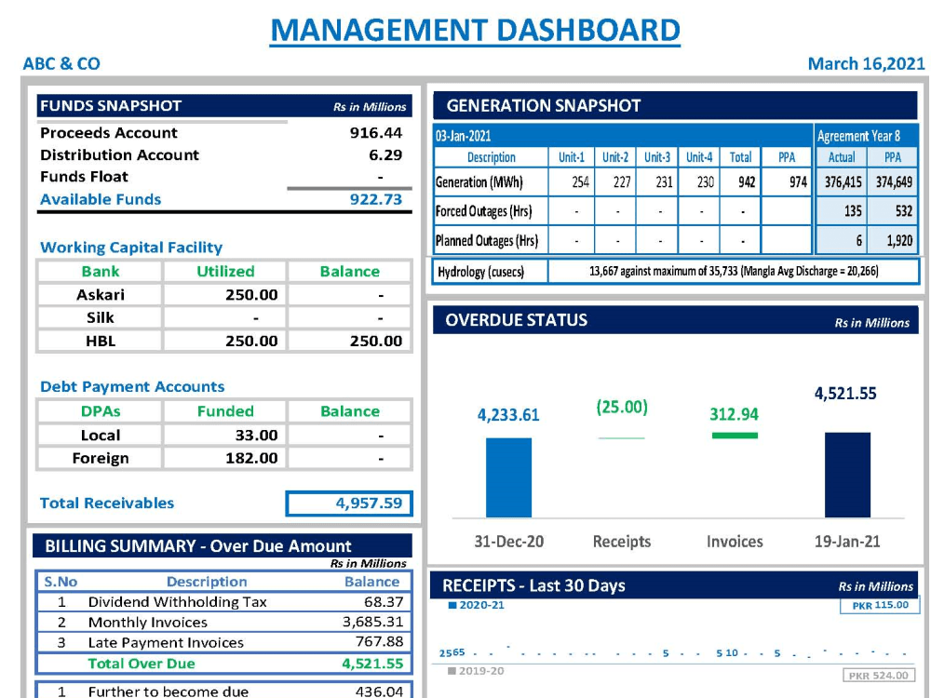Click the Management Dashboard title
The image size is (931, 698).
[475, 30]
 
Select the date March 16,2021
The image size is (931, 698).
[866, 63]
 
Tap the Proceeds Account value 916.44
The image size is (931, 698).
[376, 132]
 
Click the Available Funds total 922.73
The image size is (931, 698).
[376, 199]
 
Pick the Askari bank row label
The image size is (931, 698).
[101, 294]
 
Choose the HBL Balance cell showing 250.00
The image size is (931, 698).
[376, 341]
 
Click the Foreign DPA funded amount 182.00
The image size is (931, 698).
[251, 458]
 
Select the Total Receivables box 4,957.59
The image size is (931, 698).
[349, 503]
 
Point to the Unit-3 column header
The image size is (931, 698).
[657, 157]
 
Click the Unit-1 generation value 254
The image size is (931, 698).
[580, 182]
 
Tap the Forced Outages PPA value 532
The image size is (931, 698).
[904, 210]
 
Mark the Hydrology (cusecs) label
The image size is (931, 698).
[481, 272]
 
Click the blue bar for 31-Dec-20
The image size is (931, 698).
[509, 477]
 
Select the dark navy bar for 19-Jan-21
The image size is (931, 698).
[848, 475]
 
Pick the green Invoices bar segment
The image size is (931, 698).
[735, 436]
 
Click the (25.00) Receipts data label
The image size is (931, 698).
[622, 408]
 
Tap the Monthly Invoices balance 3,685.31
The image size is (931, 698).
[373, 622]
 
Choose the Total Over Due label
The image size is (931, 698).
[142, 664]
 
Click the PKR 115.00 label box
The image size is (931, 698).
[880, 606]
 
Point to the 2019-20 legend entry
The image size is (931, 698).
[476, 671]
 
